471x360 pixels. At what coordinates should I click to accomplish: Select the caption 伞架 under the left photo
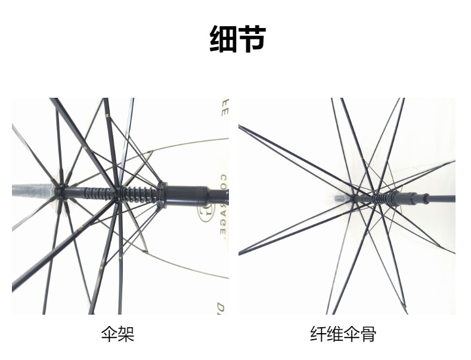pos(118,334)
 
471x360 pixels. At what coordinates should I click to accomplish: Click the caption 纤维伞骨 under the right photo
pos(343,334)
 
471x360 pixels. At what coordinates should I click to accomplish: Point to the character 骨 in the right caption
pos(368,334)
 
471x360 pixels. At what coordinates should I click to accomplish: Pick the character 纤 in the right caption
pos(318,334)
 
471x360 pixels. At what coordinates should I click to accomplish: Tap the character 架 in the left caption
pos(126,334)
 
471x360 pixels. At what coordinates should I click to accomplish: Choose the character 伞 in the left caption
pos(110,334)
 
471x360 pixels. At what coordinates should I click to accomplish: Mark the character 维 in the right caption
pos(334,334)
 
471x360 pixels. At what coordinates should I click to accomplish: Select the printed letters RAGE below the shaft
pos(222,226)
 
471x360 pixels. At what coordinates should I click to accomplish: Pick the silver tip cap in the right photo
pos(342,197)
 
